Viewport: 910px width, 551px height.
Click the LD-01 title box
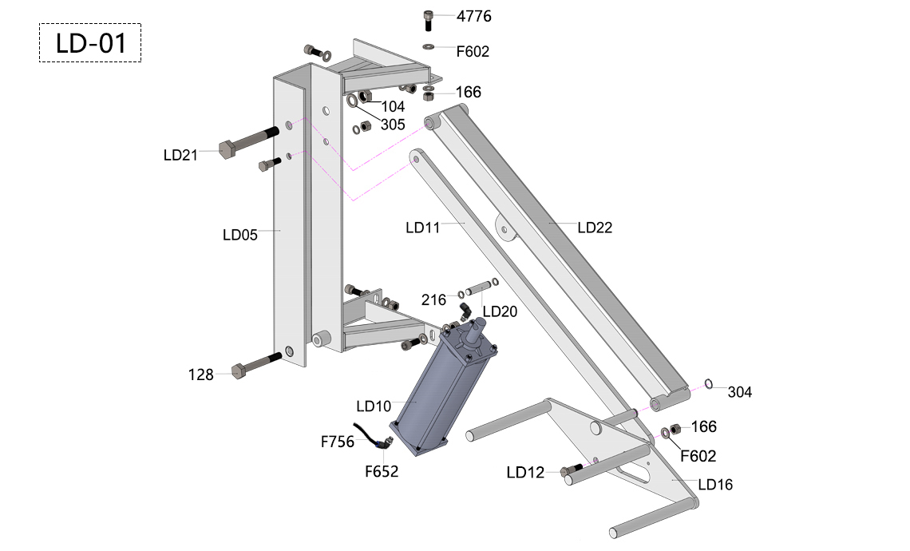[90, 43]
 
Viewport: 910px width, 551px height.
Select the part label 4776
[473, 16]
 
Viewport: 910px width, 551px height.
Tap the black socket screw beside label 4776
[429, 20]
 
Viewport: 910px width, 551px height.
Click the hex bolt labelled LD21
[248, 141]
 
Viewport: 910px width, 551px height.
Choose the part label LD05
[239, 235]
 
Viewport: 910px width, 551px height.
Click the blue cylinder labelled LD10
[444, 389]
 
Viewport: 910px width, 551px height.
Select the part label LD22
[595, 228]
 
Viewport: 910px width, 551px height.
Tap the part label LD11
[422, 228]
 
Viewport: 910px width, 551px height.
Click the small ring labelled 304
[709, 384]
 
